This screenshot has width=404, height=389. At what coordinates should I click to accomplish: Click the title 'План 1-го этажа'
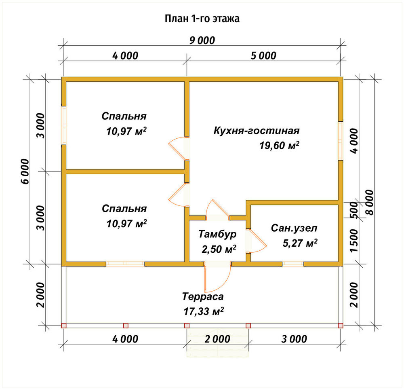pos(202,19)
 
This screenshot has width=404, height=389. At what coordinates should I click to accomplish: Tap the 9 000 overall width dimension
pos(202,40)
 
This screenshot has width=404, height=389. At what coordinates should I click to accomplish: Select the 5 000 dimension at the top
pos(263,56)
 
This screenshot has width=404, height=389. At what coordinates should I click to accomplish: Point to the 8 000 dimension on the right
pos(370,202)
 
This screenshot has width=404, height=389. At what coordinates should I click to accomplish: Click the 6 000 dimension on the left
pos(25,171)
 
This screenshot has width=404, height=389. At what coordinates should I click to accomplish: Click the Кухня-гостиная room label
pos(257,131)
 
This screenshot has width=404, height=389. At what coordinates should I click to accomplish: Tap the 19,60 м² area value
pos(279,146)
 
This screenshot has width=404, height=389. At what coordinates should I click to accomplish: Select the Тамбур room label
pos(217,234)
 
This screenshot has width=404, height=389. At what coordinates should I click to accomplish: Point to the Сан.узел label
pos(294,228)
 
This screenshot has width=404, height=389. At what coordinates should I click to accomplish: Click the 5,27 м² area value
pos(300,243)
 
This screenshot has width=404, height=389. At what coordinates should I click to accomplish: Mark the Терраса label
pos(203,297)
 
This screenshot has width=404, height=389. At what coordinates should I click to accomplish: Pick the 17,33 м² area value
pos(203,311)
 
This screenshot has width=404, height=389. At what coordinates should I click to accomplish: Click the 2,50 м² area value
pos(219,249)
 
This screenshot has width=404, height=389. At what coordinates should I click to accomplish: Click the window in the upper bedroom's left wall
pos(64,125)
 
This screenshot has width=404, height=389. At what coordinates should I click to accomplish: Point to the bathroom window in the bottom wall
pos(293,264)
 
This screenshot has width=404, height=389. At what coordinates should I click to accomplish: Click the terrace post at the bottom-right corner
pos(341,326)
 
